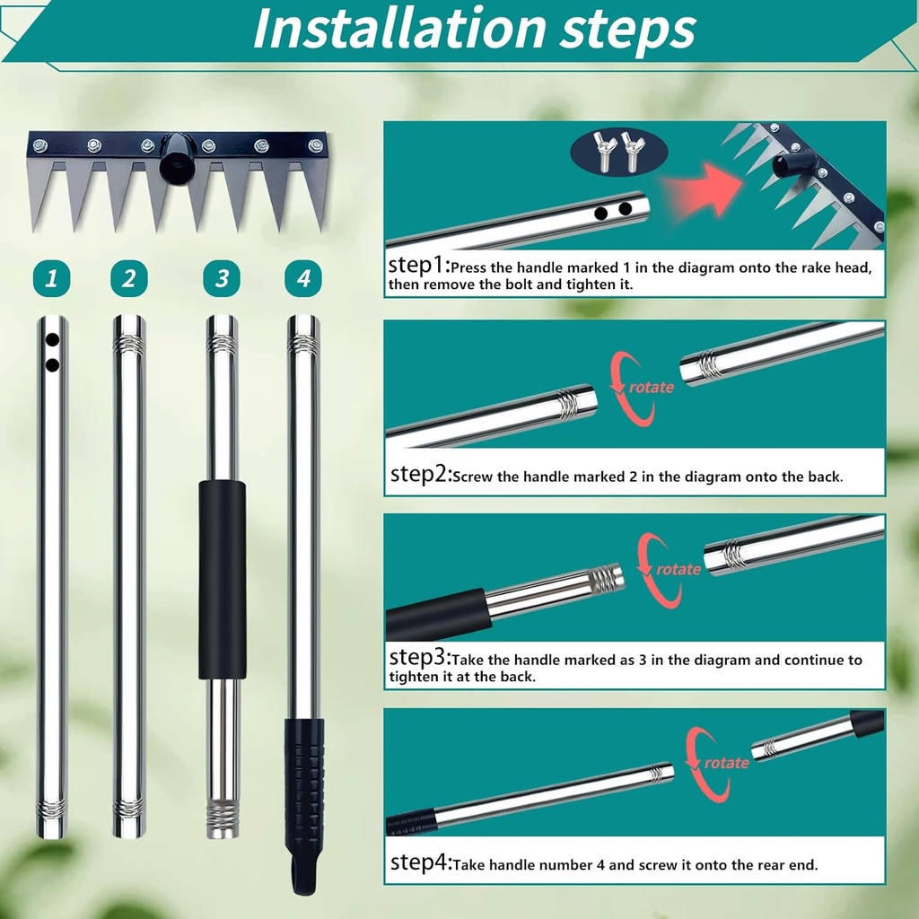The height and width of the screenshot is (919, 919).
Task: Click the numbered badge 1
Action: [x=51, y=279]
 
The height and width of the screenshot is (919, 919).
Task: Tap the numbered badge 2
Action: [x=129, y=279]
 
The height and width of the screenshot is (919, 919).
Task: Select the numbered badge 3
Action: [x=222, y=279]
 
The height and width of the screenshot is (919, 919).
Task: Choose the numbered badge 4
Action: [x=303, y=279]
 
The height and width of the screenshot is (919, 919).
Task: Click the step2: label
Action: [x=419, y=475]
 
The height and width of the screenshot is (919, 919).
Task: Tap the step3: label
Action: [x=418, y=658]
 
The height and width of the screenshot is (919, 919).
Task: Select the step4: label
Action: [x=419, y=863]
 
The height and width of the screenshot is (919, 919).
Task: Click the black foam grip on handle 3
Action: [x=222, y=579]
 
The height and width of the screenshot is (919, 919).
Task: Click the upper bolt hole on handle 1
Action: [x=52, y=341]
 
